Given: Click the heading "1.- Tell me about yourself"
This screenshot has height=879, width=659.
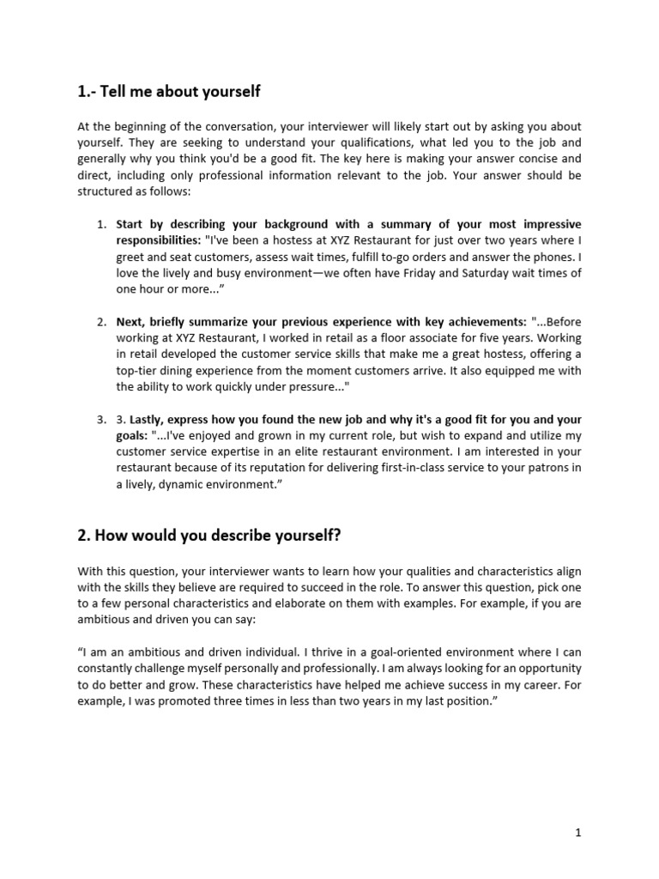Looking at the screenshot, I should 169,91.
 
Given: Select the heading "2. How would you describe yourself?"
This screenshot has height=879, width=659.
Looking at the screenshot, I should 209,535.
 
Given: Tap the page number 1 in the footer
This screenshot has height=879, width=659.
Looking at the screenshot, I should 579,832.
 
